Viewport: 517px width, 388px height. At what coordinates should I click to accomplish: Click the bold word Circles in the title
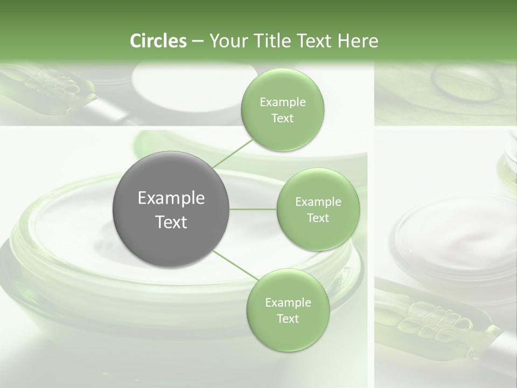[x=158, y=41]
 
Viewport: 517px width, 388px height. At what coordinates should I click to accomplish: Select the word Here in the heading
[x=358, y=41]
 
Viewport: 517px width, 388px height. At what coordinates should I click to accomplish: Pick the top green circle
[x=282, y=110]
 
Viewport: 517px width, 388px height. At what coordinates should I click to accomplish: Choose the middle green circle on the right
[x=318, y=209]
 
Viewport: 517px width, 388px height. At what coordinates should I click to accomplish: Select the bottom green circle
[x=288, y=310]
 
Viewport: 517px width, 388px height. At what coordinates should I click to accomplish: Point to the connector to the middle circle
[x=253, y=209]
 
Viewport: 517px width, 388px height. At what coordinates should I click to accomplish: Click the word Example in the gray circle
[x=171, y=198]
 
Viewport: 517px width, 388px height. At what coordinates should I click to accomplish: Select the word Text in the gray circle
[x=171, y=222]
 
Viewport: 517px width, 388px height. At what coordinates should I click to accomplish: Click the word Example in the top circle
[x=282, y=102]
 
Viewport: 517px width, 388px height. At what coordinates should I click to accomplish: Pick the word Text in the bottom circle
[x=288, y=318]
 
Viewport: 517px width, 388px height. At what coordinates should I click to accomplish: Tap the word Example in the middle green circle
[x=318, y=202]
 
